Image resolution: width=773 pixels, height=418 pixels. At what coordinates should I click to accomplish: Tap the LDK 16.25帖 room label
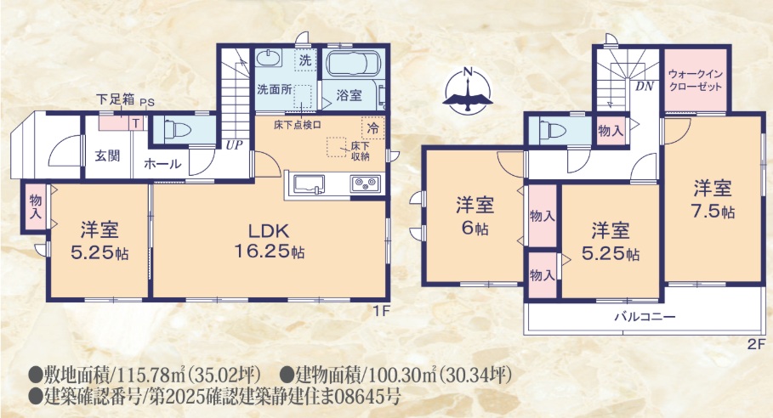270,240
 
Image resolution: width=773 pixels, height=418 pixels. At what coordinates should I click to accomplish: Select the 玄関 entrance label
106,155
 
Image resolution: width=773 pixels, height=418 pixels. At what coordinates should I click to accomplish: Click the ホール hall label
162,163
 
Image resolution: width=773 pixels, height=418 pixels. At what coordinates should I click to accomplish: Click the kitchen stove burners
367,182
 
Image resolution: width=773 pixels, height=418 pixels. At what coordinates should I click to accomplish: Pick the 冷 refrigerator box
372,128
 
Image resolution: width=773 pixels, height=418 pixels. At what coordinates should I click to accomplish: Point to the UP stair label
233,145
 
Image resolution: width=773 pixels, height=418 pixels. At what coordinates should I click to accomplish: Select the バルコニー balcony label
645,317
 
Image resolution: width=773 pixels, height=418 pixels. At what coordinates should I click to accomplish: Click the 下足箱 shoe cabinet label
115,99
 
